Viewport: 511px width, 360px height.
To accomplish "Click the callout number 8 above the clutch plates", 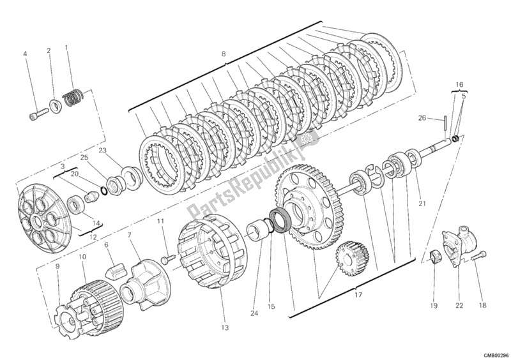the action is tap(223, 54).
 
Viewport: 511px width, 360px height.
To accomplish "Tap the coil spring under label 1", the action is tap(73, 97).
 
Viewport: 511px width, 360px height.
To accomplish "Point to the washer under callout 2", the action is tap(55, 105).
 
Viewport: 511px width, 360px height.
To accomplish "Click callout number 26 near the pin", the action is tap(422, 118).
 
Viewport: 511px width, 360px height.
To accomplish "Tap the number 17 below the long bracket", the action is tap(358, 295).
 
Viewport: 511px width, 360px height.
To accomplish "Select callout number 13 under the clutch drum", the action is tap(225, 327).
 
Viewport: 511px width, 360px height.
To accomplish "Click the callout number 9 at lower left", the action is tap(57, 266).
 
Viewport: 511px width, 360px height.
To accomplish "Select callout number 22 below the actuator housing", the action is tap(459, 305).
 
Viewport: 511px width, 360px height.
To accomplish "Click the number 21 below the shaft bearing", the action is tap(422, 204).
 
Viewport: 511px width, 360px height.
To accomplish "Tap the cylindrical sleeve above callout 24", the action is tap(259, 231).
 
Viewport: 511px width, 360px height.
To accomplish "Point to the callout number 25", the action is tap(84, 157).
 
